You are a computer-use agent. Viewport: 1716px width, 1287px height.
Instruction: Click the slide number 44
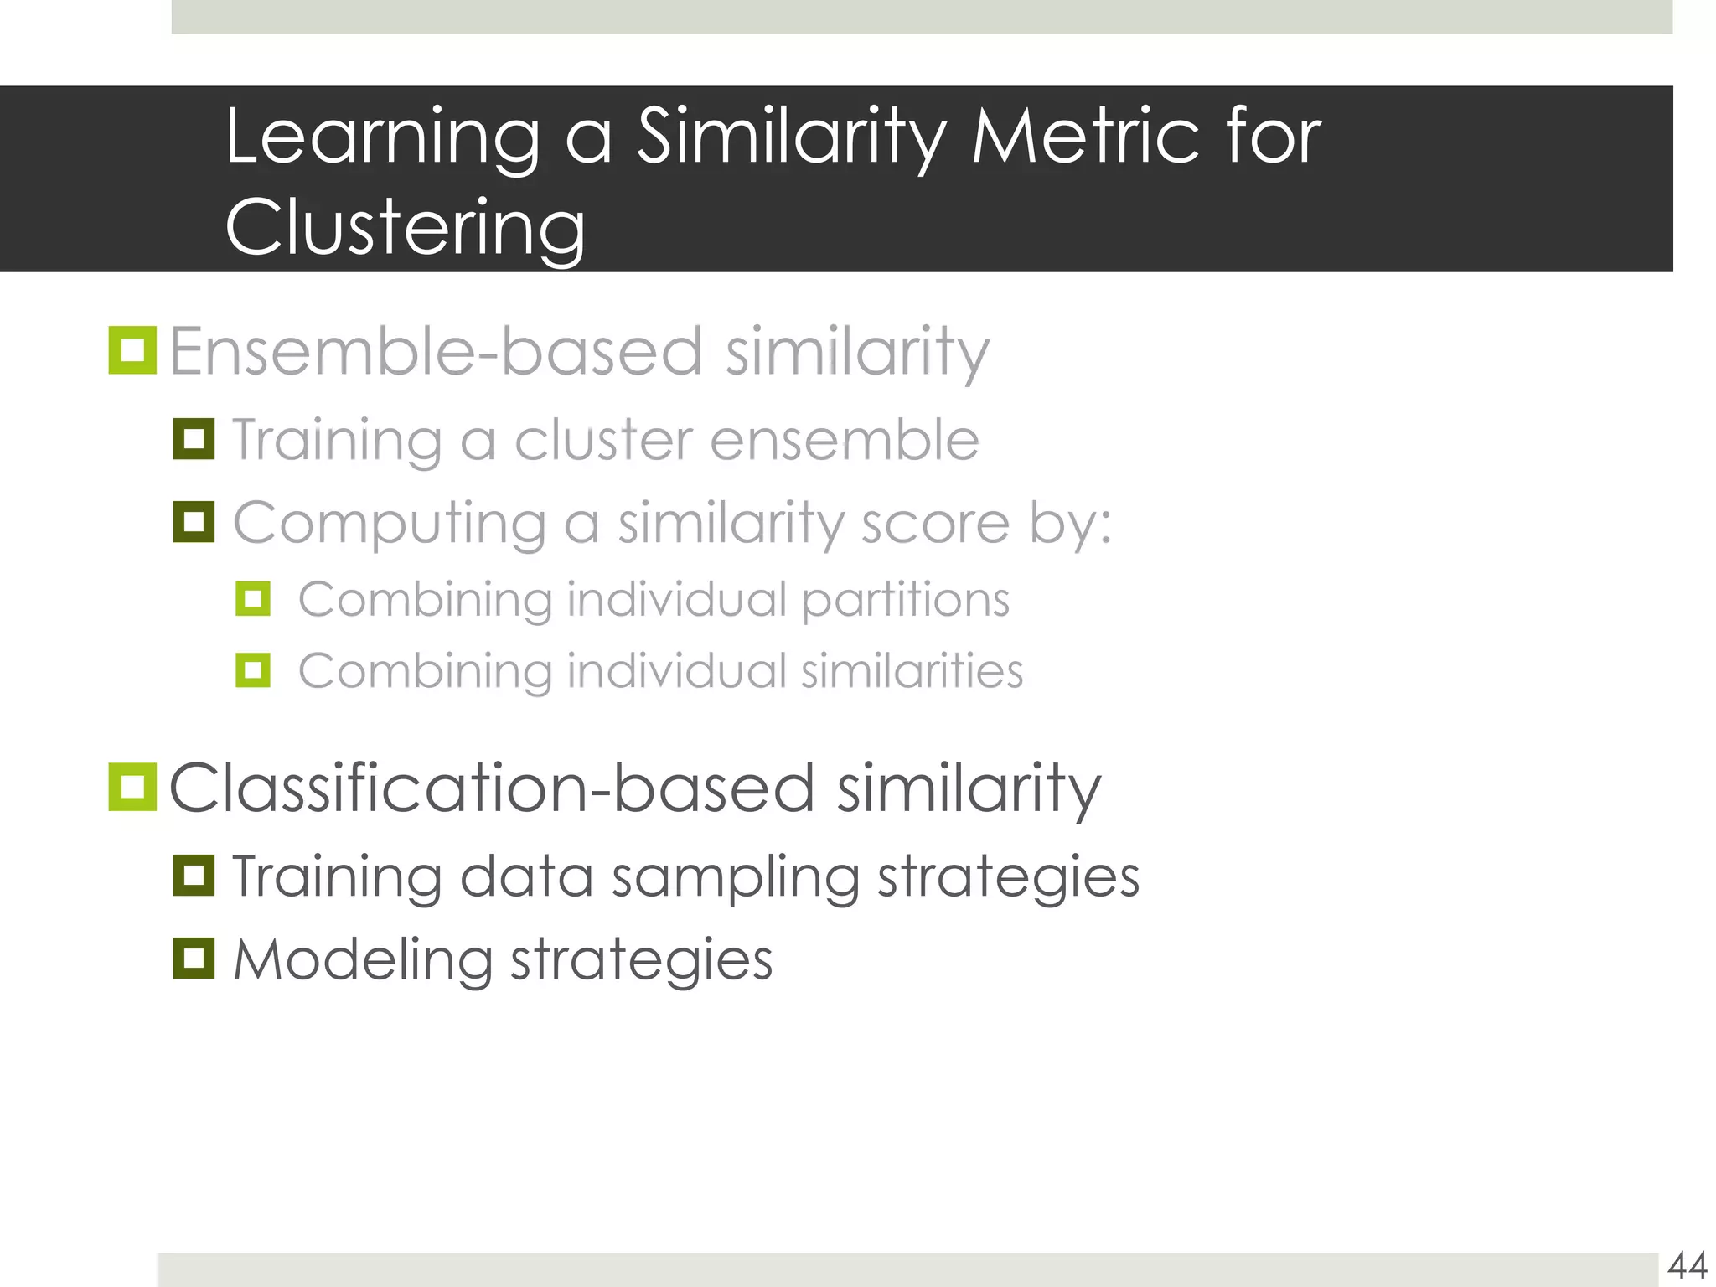pos(1688,1265)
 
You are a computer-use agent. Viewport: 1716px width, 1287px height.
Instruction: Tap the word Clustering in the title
pos(406,227)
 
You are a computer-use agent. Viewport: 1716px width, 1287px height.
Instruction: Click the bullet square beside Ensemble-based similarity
pos(132,350)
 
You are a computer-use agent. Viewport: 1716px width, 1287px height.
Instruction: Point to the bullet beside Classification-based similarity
pos(132,787)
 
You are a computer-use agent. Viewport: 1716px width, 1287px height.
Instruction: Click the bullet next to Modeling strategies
pos(194,959)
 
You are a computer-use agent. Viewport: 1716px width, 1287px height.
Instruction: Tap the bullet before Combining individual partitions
pos(253,599)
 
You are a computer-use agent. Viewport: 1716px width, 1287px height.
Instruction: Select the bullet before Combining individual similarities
pos(253,670)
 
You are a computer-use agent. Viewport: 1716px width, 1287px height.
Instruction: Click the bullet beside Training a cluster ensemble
pos(194,439)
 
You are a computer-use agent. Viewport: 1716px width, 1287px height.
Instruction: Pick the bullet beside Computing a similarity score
pos(194,522)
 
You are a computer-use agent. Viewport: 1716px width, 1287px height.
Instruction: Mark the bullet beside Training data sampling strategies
pos(194,876)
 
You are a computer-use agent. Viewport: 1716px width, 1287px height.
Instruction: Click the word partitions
pos(905,601)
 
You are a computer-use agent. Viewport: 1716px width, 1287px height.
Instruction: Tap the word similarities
pos(912,671)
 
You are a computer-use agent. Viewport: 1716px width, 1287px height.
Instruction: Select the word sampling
pos(736,878)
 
